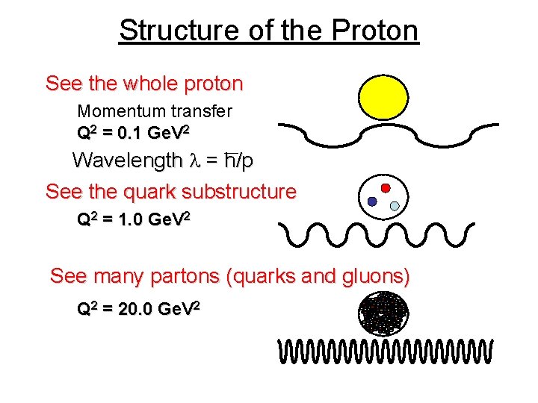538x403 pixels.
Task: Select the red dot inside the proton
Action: pos(386,188)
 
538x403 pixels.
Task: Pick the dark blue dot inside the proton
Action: pos(372,201)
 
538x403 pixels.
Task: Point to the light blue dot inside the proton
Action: pos(395,205)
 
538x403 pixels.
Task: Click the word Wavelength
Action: pos(127,160)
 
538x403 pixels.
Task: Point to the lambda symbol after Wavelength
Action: pos(194,161)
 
